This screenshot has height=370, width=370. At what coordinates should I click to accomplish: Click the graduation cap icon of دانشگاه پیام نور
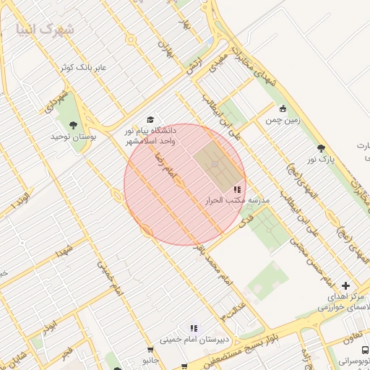click(x=150, y=120)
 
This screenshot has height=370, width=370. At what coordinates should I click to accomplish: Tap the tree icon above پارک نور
click(x=321, y=148)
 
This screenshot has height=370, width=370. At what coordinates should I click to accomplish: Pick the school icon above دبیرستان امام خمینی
click(x=192, y=327)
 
